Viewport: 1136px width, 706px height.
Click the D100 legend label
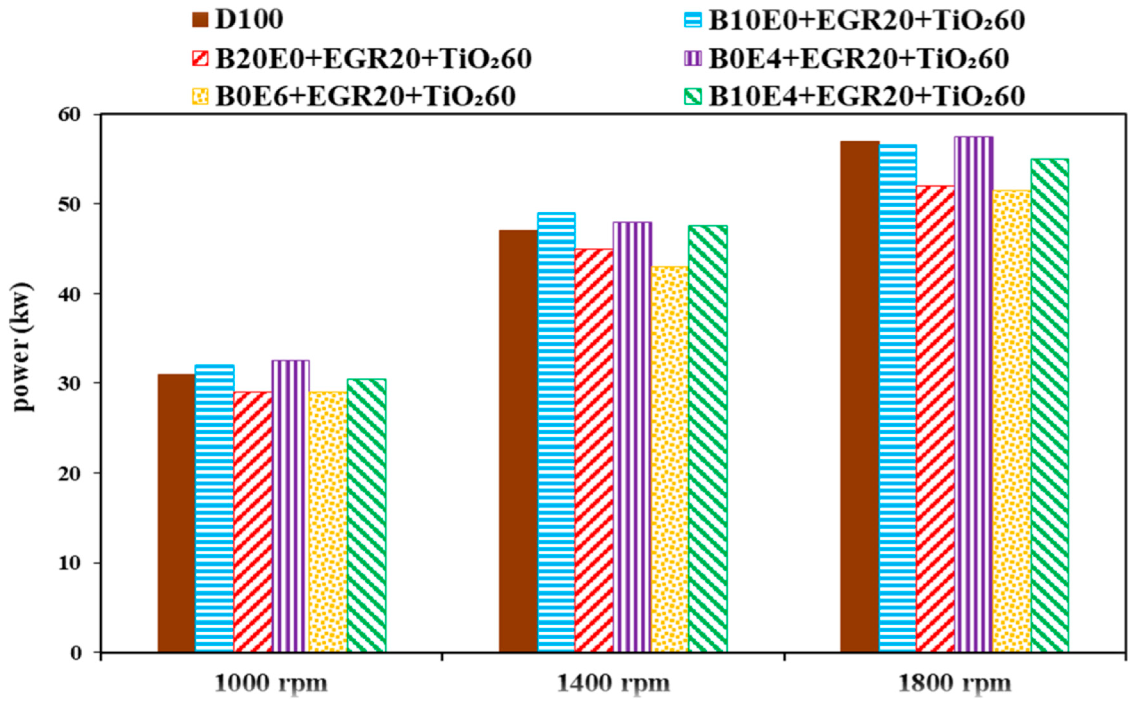(x=249, y=20)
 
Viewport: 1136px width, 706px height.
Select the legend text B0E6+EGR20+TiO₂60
(x=365, y=97)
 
